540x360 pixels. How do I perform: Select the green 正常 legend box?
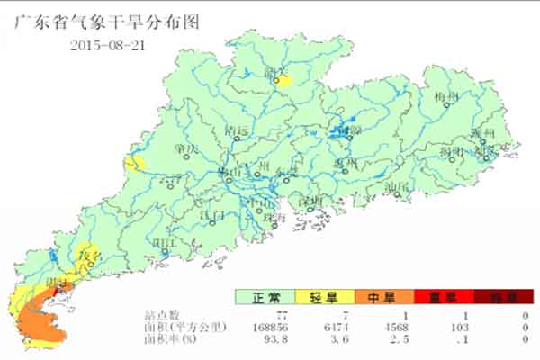click(x=264, y=297)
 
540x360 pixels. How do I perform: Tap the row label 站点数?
click(x=162, y=315)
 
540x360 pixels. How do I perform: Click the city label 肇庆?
click(x=187, y=148)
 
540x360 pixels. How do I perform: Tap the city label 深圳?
click(x=311, y=199)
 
